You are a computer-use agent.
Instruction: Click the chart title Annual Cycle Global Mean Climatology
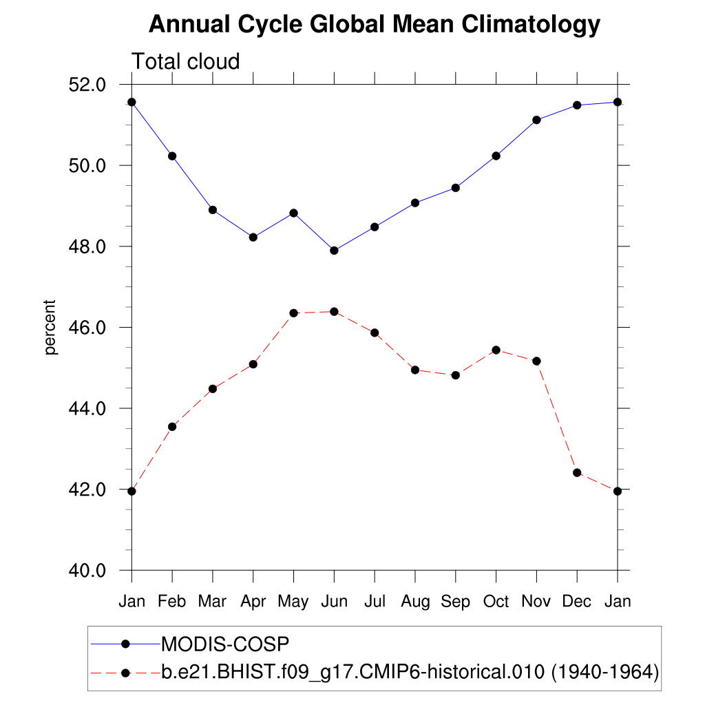(x=375, y=25)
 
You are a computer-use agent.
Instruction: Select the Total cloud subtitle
(x=186, y=62)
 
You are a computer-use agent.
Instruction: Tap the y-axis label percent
(x=50, y=327)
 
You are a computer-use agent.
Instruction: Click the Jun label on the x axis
(x=334, y=602)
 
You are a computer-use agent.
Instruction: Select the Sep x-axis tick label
(x=455, y=602)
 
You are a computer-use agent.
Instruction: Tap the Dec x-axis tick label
(x=577, y=602)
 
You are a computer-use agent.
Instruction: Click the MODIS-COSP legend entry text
(x=224, y=644)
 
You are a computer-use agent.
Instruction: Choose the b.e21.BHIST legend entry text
(x=410, y=671)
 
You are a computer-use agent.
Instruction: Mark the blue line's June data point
(x=334, y=251)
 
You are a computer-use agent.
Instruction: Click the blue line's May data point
(x=294, y=213)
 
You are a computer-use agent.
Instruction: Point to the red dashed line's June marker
(x=334, y=312)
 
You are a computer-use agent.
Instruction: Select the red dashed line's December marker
(x=577, y=473)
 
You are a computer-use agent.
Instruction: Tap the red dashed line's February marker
(x=172, y=427)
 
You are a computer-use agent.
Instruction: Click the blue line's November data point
(x=536, y=120)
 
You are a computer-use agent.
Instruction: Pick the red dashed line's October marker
(x=496, y=350)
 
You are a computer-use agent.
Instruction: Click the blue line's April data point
(x=253, y=238)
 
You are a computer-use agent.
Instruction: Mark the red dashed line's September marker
(x=455, y=375)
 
